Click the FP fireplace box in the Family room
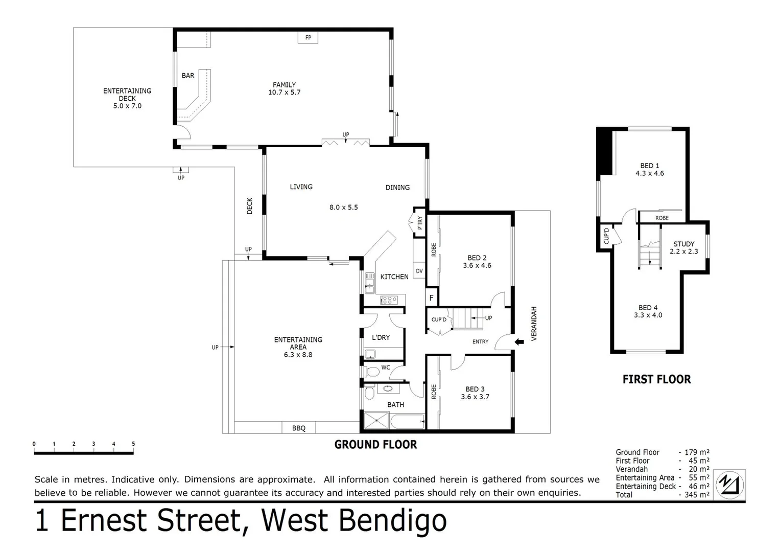point(308,38)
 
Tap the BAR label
point(188,76)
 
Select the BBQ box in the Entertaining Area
point(299,428)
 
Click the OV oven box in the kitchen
point(419,271)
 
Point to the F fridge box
point(431,297)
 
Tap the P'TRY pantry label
point(420,223)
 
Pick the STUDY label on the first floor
point(683,244)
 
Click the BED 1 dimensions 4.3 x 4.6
point(650,173)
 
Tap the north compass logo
point(730,484)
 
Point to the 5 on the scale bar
point(133,444)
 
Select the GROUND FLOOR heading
point(375,445)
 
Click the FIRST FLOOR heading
point(656,379)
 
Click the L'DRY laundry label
point(381,337)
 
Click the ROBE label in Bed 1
point(662,218)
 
